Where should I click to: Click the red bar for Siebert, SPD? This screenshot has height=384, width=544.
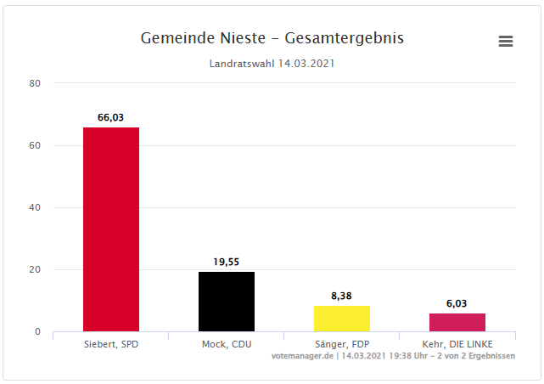(x=110, y=229)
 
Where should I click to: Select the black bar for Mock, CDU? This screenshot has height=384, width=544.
(x=227, y=302)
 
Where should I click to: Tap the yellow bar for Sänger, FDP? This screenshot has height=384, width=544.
(x=342, y=319)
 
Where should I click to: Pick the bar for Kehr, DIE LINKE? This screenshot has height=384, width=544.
(x=457, y=323)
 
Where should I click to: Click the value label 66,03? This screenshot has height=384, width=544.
(x=110, y=118)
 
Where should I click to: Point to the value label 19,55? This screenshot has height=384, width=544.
(x=227, y=263)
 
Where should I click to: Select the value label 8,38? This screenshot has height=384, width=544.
(x=342, y=296)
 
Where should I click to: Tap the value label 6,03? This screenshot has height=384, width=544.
(x=457, y=303)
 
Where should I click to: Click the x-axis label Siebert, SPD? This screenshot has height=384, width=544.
(x=110, y=343)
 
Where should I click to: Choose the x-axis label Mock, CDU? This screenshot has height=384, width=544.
(x=227, y=343)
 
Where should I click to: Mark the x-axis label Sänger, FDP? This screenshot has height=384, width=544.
(x=342, y=343)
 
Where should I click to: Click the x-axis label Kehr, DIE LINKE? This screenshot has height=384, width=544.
(x=457, y=343)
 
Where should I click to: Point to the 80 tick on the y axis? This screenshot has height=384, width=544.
(x=35, y=83)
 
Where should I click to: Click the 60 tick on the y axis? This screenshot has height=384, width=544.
(x=35, y=145)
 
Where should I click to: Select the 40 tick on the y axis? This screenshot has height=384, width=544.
(x=35, y=207)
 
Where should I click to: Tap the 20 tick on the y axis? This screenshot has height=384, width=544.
(x=35, y=269)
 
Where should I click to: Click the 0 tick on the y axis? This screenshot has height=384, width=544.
(x=37, y=331)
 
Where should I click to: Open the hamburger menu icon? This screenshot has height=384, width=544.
(x=506, y=42)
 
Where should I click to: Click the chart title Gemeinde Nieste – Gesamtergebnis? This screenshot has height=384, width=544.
(x=272, y=38)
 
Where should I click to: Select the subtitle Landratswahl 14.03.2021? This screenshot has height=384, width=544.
(x=272, y=64)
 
